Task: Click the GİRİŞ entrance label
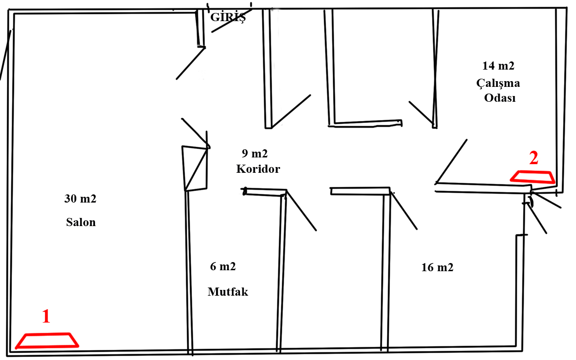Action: click(x=228, y=18)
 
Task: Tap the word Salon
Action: click(x=81, y=222)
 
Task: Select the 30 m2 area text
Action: click(x=80, y=199)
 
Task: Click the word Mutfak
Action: click(x=228, y=291)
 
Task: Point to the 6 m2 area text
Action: click(x=223, y=267)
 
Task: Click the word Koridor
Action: click(x=258, y=169)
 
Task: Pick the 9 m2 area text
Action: click(x=254, y=154)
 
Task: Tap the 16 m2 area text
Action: click(x=437, y=267)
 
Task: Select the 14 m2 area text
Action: click(x=498, y=66)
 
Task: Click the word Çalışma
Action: click(x=498, y=83)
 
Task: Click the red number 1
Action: click(x=46, y=316)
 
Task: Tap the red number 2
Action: click(x=534, y=158)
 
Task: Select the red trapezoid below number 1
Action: click(x=47, y=340)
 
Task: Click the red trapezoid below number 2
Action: click(x=532, y=177)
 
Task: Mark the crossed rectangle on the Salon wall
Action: click(x=194, y=168)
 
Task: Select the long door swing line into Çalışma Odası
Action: click(x=451, y=161)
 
